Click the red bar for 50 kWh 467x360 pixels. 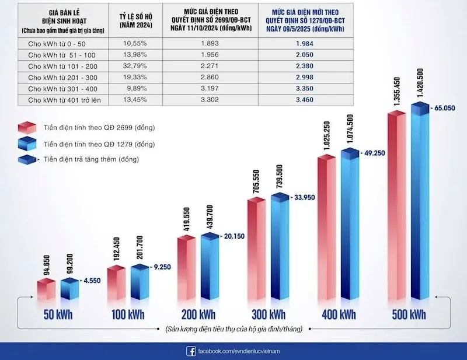coord(45,289)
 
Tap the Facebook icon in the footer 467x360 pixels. coord(190,351)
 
